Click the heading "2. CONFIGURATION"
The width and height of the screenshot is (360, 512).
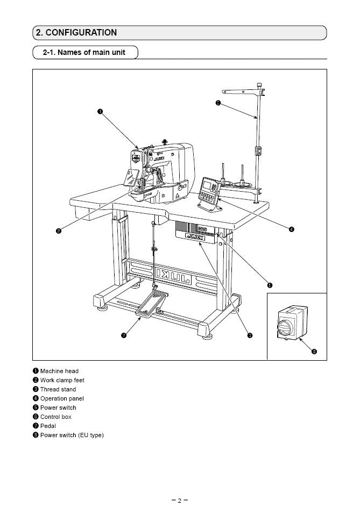coord(76,32)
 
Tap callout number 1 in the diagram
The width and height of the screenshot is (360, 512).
coord(100,111)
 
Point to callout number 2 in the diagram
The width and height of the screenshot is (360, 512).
coord(58,231)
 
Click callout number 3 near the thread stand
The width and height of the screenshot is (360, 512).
coord(217,103)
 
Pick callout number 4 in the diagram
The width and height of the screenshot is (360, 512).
coord(291,229)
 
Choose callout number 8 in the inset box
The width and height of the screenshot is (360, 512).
coord(314,352)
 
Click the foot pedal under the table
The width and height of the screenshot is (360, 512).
coord(152,304)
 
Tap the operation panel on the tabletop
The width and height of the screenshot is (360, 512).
coord(209,190)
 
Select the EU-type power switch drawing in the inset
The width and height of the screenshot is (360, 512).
coord(291,324)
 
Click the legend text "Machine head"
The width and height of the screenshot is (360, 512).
coord(59,371)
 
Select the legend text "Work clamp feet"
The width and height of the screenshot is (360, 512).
coord(62,380)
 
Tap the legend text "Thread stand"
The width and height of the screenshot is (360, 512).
coord(58,389)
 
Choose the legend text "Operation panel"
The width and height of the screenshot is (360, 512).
coord(62,398)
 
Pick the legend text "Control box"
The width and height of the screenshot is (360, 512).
coord(56,417)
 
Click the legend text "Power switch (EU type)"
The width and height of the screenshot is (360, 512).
coord(72,435)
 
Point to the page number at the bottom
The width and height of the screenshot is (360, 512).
coord(180,500)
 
